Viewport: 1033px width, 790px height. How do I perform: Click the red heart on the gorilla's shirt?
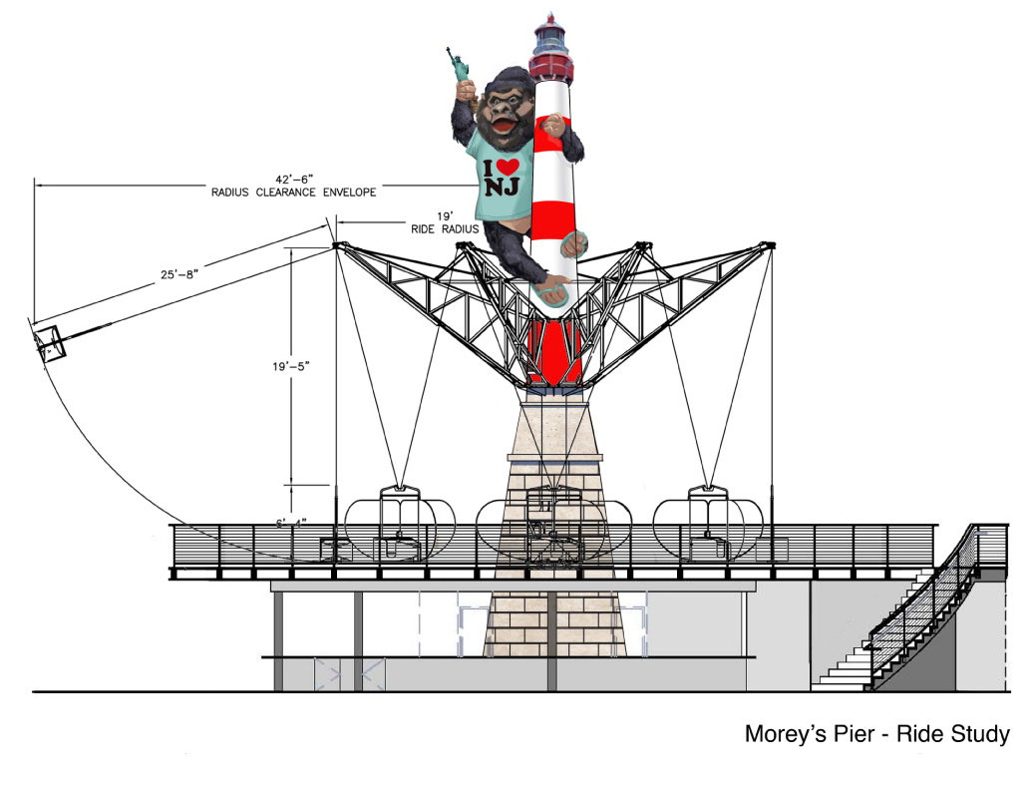point(509,167)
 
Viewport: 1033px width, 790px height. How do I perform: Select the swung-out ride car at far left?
point(48,342)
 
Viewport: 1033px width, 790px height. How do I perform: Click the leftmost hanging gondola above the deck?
point(399,524)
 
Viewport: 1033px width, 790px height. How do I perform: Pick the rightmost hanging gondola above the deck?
point(707,523)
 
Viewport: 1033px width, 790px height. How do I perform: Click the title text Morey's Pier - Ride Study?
point(877,735)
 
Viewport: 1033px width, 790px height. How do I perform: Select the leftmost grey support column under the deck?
point(279,638)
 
